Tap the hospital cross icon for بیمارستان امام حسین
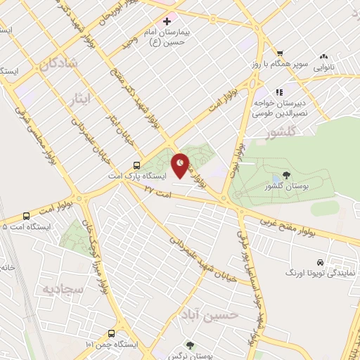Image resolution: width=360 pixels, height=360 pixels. [166, 22]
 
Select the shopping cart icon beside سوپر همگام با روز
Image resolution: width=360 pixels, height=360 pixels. [280, 53]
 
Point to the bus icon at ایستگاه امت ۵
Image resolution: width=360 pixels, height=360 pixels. [27, 216]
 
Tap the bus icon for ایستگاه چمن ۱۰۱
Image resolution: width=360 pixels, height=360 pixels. [111, 333]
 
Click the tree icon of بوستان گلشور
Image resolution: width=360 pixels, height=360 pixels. [285, 176]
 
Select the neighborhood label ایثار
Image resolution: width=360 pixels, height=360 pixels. [83, 96]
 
